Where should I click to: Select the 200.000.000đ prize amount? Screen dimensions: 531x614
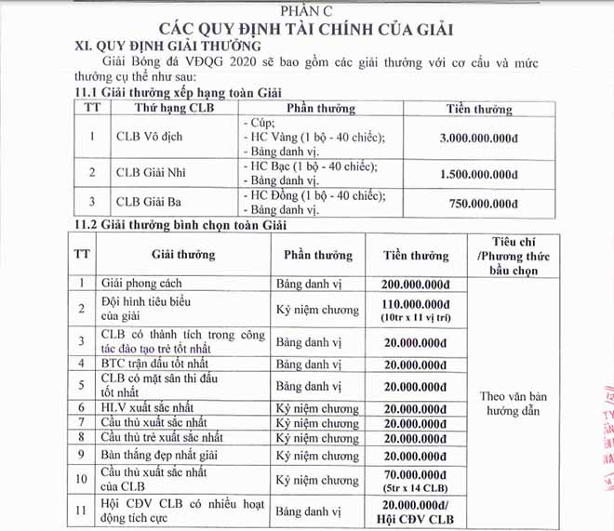(417, 283)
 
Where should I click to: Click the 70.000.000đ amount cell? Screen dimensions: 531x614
(417, 480)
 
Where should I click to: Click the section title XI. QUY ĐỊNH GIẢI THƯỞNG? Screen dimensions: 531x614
(167, 46)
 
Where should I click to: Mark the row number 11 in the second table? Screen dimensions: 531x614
(82, 512)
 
